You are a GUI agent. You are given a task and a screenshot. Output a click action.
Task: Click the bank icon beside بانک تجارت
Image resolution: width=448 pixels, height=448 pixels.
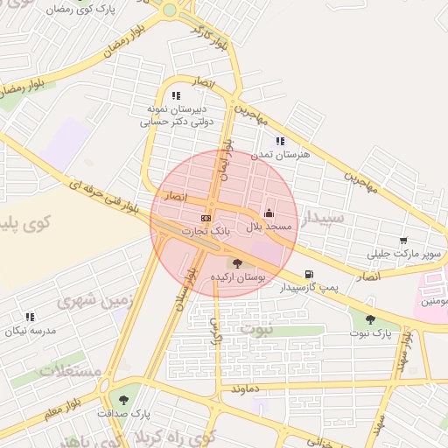tap(206, 218)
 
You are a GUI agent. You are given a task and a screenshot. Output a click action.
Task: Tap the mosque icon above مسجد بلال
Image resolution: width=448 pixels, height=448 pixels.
tap(268, 213)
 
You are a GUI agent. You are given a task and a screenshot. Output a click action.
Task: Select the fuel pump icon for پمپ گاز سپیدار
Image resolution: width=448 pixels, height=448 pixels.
tap(308, 274)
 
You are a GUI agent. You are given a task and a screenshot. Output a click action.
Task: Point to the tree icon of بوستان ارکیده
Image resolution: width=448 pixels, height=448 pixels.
tap(236, 262)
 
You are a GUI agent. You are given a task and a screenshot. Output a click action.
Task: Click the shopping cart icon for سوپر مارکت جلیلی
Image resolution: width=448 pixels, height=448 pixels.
tap(402, 241)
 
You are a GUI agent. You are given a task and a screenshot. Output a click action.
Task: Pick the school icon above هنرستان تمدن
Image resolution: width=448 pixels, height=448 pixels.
tap(280, 141)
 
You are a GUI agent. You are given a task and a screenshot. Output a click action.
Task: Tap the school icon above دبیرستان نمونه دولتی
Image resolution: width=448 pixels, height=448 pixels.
tap(176, 96)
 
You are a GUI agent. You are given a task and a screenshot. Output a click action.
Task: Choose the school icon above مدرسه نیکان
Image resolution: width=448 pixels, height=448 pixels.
tap(30, 317)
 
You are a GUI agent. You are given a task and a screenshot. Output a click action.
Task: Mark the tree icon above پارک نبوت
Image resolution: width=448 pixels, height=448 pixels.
tap(370, 319)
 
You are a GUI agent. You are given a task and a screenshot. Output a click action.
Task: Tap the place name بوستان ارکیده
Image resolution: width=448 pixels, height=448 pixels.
tap(237, 276)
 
